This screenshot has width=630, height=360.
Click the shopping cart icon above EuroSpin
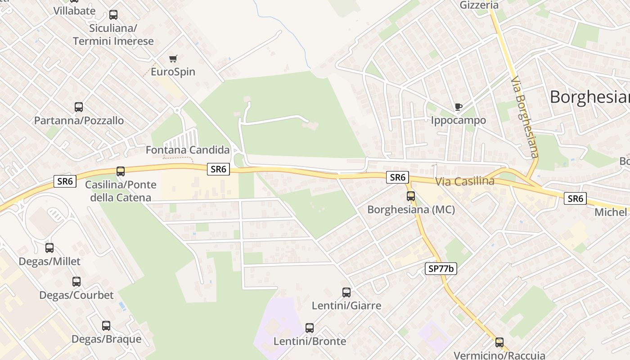173,58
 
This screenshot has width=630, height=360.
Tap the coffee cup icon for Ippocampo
458,107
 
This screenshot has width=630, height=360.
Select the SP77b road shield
441,269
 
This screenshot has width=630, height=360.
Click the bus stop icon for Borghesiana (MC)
410,196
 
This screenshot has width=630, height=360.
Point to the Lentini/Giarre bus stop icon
346,292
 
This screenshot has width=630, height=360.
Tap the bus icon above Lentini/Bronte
309,328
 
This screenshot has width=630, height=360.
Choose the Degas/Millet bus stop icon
49,248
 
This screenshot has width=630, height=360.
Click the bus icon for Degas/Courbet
76,282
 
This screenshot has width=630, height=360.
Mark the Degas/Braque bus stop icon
106,326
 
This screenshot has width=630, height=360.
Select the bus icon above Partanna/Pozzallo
79,107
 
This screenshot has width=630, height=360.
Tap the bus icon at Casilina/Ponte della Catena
120,171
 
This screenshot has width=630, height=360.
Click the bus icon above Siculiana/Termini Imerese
113,15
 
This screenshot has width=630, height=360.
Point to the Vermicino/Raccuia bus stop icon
499,342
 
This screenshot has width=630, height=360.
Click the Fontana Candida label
188,150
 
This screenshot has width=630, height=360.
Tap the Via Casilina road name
465,181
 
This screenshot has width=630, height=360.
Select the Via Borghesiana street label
525,117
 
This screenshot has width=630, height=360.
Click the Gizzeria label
479,5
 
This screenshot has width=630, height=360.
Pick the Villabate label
74,11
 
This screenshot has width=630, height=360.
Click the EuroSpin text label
173,72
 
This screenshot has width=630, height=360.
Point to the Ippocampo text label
458,120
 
